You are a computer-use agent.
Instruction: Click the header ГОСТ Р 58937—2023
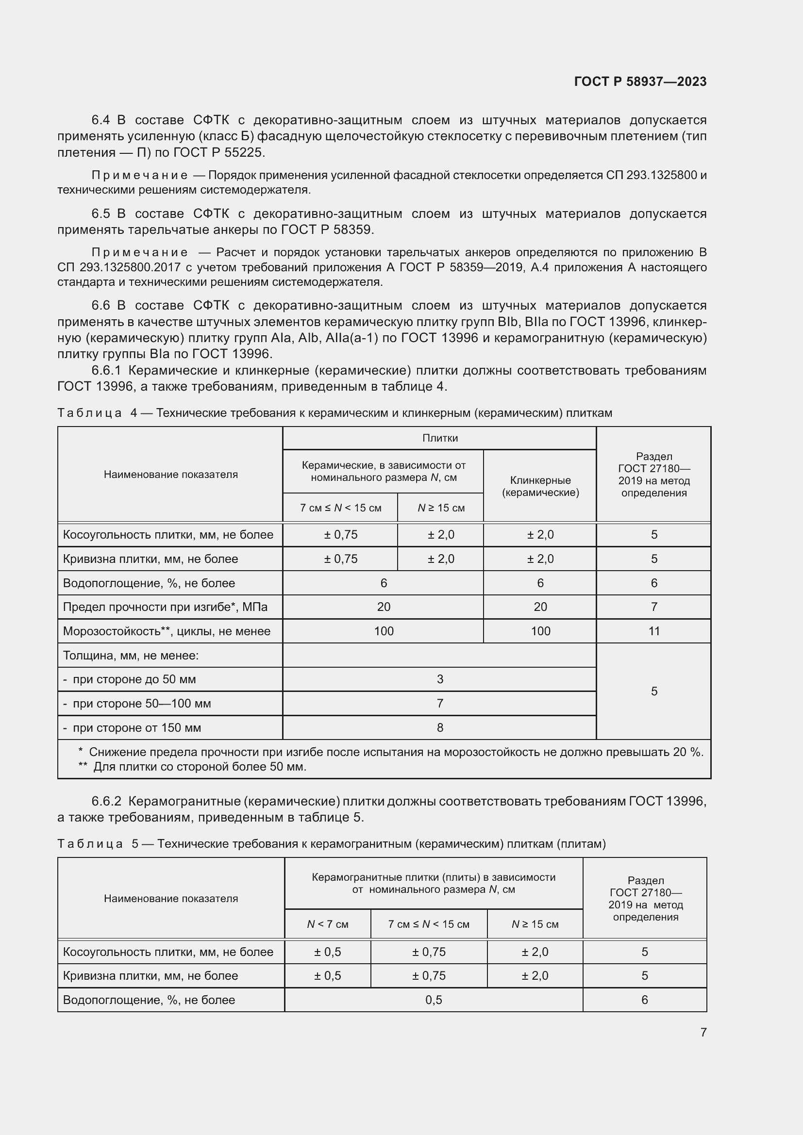pos(640,82)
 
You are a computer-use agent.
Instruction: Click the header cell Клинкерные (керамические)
pos(540,486)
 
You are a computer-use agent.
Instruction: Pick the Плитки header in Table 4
pos(439,438)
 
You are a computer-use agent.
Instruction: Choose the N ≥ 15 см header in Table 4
pos(440,508)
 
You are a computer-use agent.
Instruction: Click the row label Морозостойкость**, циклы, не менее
pos(167,631)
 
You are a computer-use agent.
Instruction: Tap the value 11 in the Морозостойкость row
pos(653,631)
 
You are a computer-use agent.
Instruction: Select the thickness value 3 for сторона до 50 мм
pos(439,679)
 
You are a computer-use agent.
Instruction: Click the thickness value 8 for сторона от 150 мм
pos(439,727)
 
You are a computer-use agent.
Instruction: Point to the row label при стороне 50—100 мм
pos(141,704)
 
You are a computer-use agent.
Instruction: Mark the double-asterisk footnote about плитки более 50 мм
pos(193,767)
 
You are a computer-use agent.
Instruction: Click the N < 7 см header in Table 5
pos(327,924)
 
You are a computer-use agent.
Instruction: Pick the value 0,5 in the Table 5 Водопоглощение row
pos(433,1000)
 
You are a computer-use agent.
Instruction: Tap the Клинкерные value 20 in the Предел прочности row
pos(540,607)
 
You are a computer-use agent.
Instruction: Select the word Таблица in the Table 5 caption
pos(90,843)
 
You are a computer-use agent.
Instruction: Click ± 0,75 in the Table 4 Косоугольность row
pos(340,534)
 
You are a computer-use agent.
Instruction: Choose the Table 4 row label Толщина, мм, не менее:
pos(131,656)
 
